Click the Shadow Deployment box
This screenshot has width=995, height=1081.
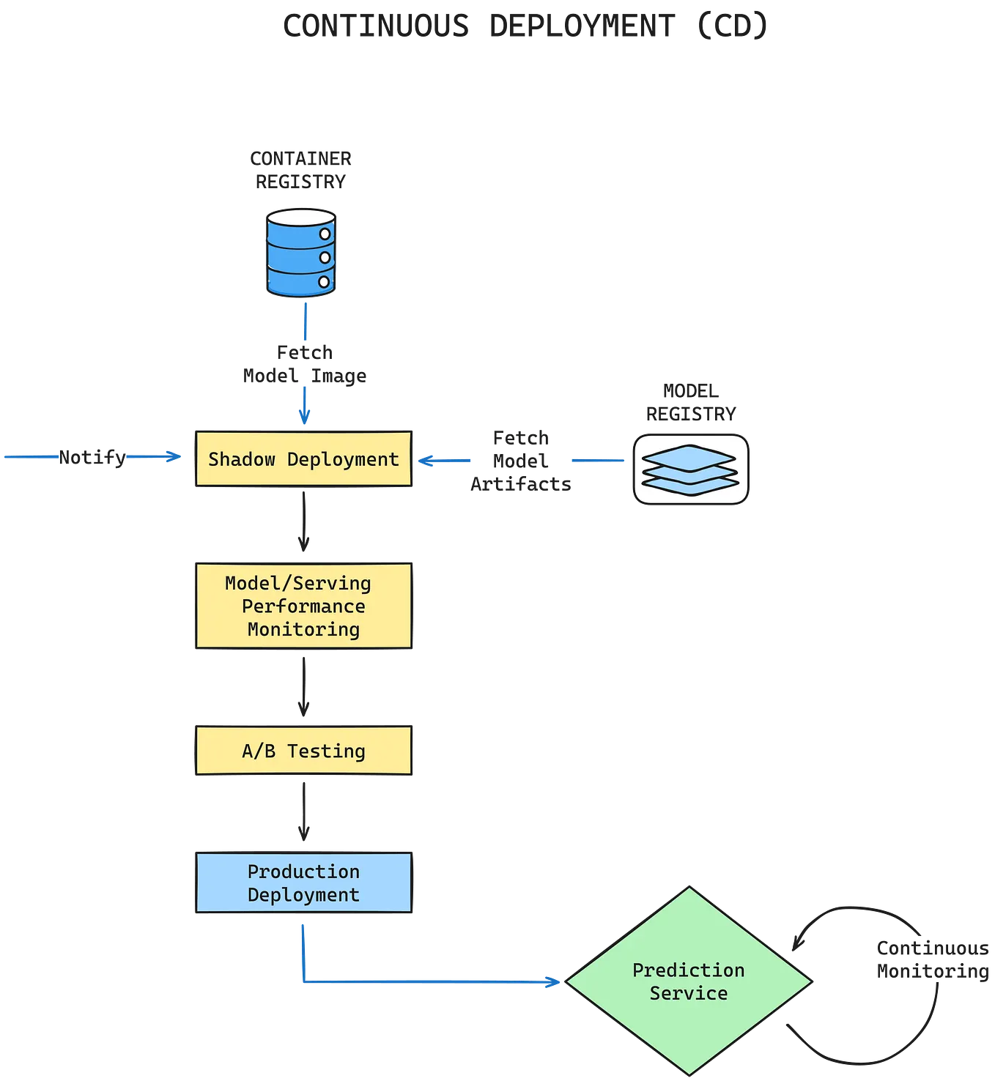point(303,459)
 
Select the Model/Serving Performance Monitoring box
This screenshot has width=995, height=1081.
point(303,606)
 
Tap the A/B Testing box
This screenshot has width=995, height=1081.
point(303,751)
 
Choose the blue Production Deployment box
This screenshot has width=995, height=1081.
point(303,883)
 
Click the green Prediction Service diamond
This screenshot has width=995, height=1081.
point(688,981)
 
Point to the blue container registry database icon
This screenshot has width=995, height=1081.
point(300,253)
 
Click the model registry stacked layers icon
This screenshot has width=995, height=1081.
point(690,469)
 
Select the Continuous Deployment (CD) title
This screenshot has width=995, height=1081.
point(525,26)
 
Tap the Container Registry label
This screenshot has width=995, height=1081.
point(300,170)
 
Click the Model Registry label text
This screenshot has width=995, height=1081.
point(690,401)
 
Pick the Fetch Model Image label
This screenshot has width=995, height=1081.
point(304,364)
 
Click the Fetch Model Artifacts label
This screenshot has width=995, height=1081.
point(521,461)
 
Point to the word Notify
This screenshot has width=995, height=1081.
point(92,457)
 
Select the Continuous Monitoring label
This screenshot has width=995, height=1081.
point(932,959)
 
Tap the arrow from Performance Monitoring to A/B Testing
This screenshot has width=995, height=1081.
point(303,687)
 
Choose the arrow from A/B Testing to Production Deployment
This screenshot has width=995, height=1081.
point(303,812)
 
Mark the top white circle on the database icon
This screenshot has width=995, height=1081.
point(325,235)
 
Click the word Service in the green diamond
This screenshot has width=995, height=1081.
point(688,993)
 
